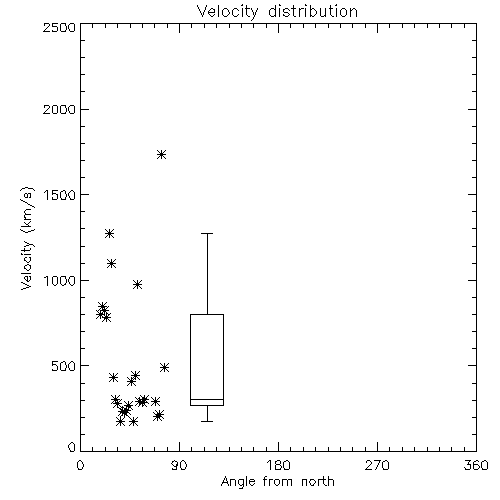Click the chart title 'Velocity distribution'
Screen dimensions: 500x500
coord(277,12)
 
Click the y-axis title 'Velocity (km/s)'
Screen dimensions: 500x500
coord(27,238)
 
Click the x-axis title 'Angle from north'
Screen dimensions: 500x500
coord(278,482)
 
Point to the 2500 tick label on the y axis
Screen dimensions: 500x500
coord(59,27)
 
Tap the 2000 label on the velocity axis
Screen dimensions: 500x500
coord(59,109)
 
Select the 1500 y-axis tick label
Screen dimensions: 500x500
coord(60,195)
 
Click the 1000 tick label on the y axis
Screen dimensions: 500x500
coord(60,281)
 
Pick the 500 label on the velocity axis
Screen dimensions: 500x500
coord(64,366)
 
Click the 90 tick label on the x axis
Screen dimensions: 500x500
coord(179,465)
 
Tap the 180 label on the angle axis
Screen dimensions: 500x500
coord(278,465)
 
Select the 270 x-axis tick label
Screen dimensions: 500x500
coord(377,465)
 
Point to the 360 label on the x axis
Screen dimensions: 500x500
coord(476,465)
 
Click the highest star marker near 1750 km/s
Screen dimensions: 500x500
coord(162,154)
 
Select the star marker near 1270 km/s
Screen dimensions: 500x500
coord(109,233)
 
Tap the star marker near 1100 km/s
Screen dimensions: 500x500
coord(112,264)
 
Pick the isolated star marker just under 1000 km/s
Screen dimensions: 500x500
coord(137,284)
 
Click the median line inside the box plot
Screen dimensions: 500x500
coord(207,399)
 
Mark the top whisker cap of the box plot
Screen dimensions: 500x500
coord(207,234)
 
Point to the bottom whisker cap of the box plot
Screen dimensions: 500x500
coord(207,421)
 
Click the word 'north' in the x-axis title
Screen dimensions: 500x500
coord(318,482)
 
